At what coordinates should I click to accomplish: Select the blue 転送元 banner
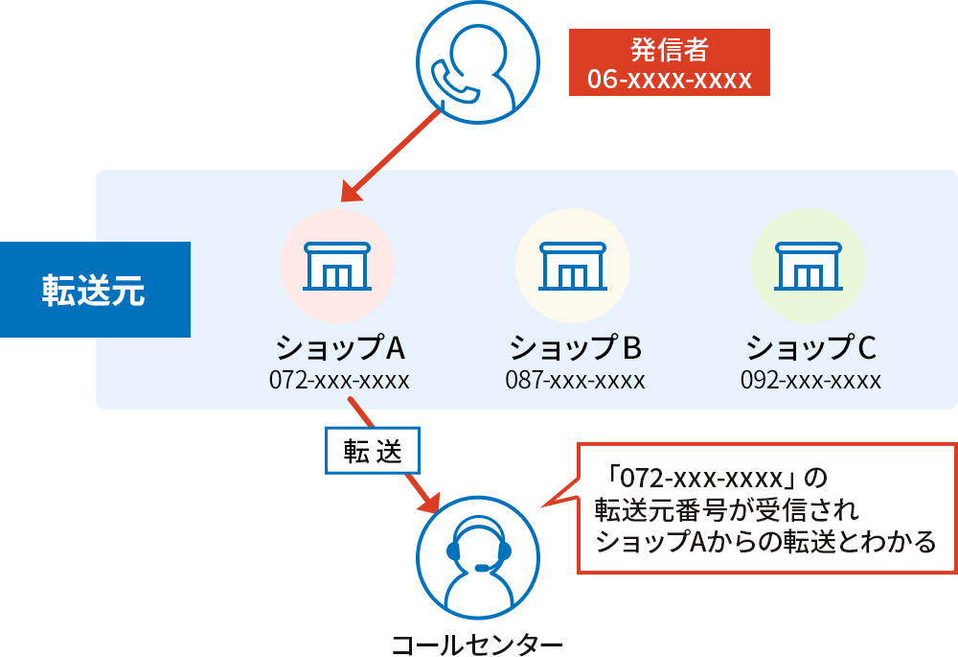point(94,290)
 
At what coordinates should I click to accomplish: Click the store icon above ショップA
point(336,266)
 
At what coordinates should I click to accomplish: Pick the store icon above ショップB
point(572,266)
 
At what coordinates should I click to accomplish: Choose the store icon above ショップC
point(808,266)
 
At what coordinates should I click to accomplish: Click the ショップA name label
point(338,345)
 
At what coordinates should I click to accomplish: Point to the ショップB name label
point(575,345)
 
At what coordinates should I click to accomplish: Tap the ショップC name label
point(810,345)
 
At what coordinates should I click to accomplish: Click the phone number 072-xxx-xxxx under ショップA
point(339,380)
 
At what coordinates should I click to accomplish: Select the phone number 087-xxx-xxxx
point(575,380)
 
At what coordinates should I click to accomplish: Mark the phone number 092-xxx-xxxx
point(810,380)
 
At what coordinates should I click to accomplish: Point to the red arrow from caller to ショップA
point(393,153)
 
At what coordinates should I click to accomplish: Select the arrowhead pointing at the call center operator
point(426,502)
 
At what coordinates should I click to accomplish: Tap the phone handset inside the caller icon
point(453,81)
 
